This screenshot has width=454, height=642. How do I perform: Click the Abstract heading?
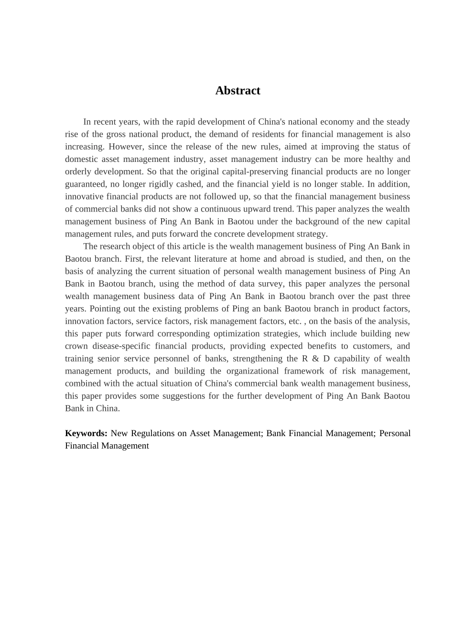pyautogui.click(x=238, y=91)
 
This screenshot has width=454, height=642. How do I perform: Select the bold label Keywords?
pyautogui.click(x=86, y=433)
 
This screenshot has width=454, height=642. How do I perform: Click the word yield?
pyautogui.click(x=293, y=184)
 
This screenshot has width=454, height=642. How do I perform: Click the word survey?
pyautogui.click(x=269, y=283)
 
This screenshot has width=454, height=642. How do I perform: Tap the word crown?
pyautogui.click(x=76, y=346)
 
